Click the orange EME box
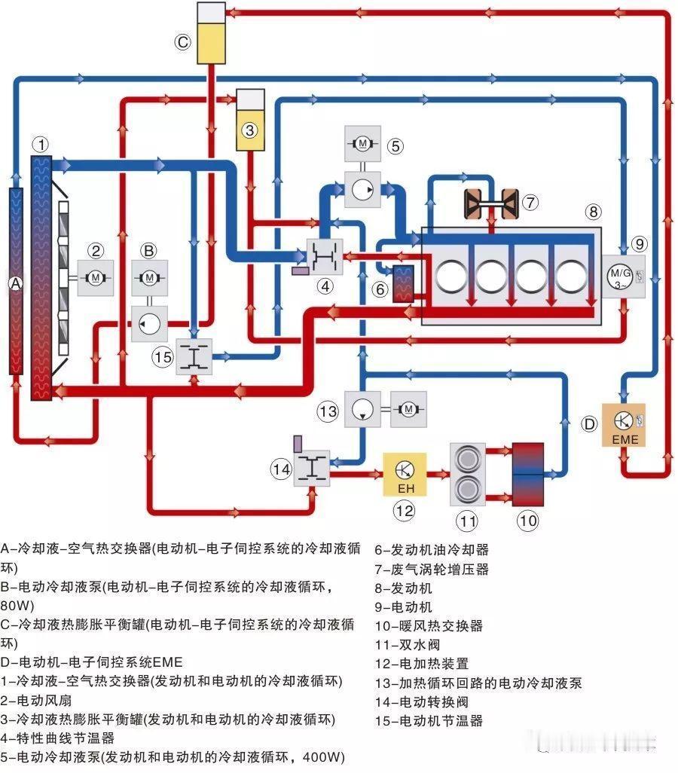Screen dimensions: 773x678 tap(623, 425)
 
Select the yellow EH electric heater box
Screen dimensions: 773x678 tap(405, 473)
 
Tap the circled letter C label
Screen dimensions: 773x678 tap(183, 42)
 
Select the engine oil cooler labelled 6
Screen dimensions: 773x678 tap(403, 283)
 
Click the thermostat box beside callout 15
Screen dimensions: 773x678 tap(194, 356)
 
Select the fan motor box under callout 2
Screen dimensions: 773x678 tap(95, 279)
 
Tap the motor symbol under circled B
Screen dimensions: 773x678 tap(149, 277)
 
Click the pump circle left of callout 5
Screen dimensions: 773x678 tap(364, 189)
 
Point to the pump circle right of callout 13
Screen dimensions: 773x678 tap(362, 409)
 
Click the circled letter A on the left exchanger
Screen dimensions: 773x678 tap(14, 283)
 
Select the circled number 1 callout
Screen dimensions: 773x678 tap(42, 143)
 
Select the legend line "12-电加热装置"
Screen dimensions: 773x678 tap(423, 664)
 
